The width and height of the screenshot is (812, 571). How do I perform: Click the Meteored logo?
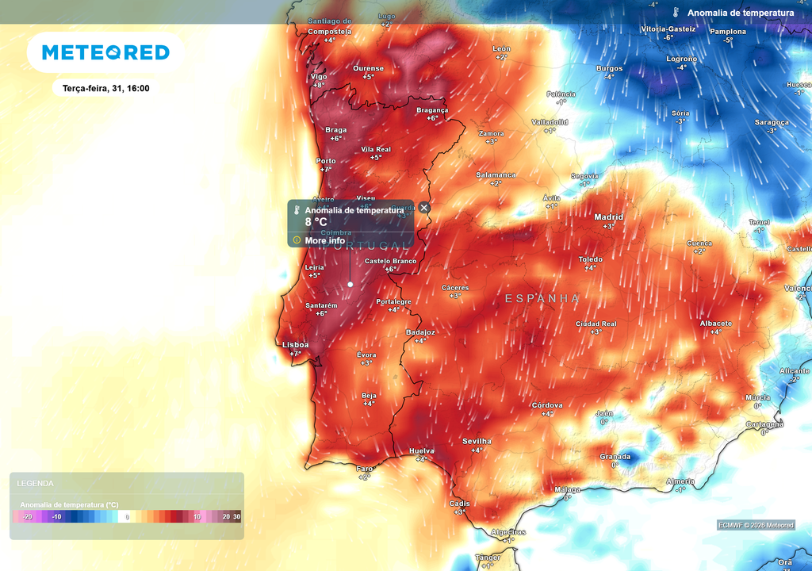pos(105,52)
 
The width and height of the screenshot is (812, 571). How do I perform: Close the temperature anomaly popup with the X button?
pos(424,208)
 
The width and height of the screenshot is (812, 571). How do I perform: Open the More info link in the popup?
pos(324,240)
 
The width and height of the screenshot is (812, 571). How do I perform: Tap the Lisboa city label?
pos(295,345)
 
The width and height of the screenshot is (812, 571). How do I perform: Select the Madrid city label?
pos(608,217)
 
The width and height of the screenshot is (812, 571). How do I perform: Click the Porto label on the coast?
pos(326,161)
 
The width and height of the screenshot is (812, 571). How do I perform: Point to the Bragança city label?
pos(432,110)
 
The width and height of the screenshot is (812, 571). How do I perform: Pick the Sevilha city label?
pos(477,441)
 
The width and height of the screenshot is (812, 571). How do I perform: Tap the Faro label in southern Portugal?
pos(364,469)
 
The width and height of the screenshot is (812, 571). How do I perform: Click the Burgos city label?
pos(609,68)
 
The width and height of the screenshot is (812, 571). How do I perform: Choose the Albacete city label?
pos(715,324)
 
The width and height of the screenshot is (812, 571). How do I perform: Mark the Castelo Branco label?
pos(390,261)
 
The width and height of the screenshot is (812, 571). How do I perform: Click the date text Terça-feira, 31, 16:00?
pos(105,89)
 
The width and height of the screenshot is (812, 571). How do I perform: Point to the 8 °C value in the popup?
pos(316,222)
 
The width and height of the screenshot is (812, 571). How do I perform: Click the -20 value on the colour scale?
pos(27,517)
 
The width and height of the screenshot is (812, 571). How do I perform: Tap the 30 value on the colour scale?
pos(236,517)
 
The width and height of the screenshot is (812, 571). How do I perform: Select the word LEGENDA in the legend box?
pos(36,483)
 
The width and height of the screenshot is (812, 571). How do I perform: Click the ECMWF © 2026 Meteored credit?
pos(756,525)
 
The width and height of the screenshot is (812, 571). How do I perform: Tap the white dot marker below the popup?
pos(350,284)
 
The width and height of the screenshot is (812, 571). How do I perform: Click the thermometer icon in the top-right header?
pos(676,13)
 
